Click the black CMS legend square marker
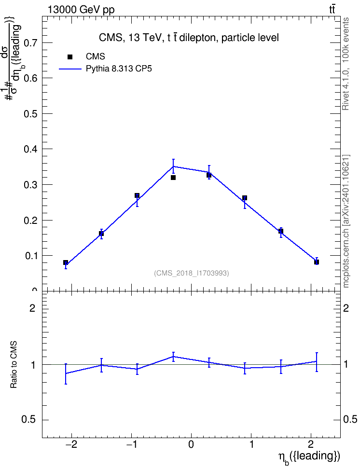tap(70, 57)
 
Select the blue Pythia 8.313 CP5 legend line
tap(70, 69)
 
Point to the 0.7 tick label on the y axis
tap(30, 43)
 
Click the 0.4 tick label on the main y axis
tap(30, 149)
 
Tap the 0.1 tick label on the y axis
tap(30, 256)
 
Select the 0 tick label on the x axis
tap(191, 444)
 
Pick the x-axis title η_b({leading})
tap(309, 457)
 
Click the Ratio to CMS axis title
tap(14, 365)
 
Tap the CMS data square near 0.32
tap(173, 178)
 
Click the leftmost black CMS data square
tap(66, 262)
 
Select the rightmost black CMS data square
tap(316, 262)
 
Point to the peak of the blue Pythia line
tap(173, 166)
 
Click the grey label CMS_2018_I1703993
tap(192, 273)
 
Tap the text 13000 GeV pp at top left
tap(81, 10)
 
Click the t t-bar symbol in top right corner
tap(332, 10)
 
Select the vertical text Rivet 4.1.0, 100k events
tap(346, 64)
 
